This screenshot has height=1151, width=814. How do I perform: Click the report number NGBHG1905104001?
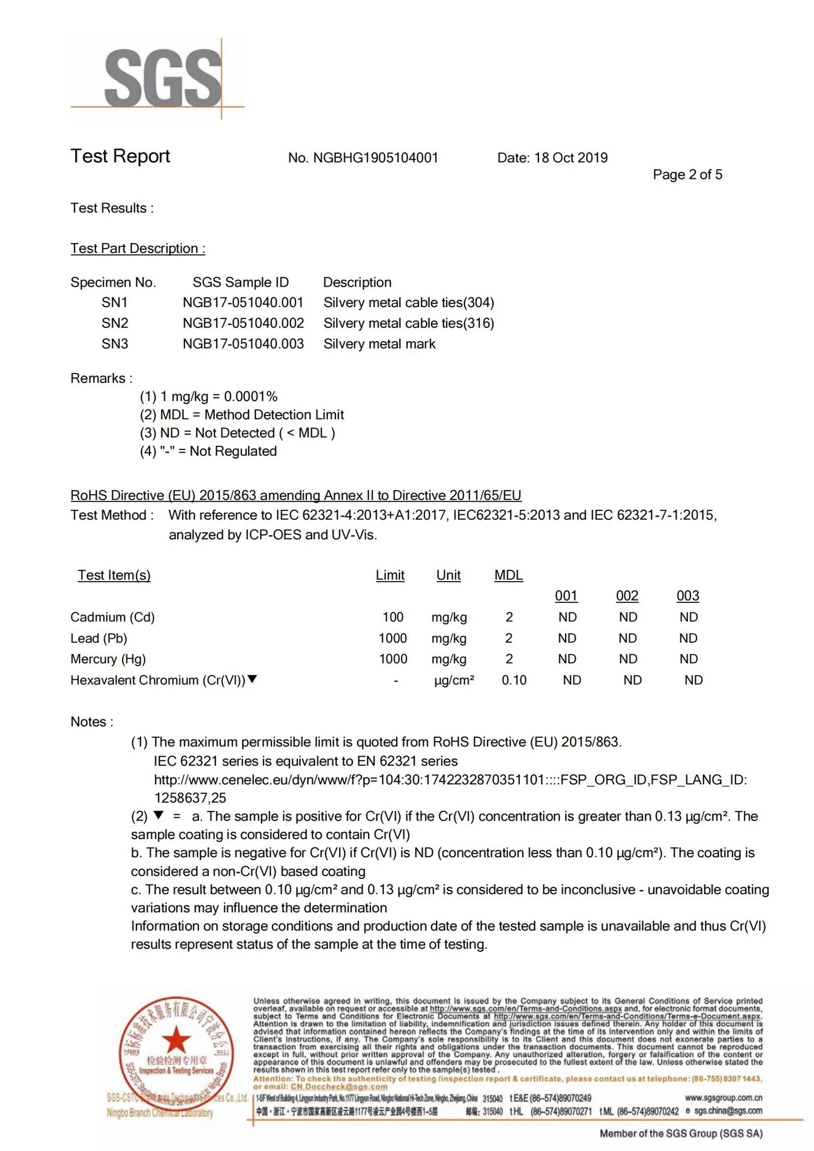[x=375, y=158]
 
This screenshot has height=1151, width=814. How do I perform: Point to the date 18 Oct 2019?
[x=571, y=158]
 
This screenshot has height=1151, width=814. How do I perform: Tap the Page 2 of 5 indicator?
[x=687, y=175]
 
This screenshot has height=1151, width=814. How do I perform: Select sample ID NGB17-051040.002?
[x=243, y=323]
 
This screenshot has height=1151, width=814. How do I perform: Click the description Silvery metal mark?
[x=379, y=344]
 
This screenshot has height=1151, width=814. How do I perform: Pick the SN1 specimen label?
[x=114, y=303]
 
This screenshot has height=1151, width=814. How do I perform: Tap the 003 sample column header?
[x=687, y=596]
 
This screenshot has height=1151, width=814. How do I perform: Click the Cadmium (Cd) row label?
[x=112, y=617]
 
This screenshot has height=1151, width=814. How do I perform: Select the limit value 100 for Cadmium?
[x=392, y=617]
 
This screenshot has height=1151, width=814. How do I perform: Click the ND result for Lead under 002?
[x=627, y=638]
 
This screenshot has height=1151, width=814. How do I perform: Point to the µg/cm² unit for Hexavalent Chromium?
[x=454, y=680]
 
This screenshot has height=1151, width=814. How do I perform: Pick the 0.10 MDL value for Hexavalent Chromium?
[x=514, y=680]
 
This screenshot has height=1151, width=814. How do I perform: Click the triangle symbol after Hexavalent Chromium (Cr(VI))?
[x=252, y=679]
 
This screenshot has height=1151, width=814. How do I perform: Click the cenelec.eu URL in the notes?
[x=450, y=779]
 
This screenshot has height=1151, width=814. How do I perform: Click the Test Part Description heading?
[x=138, y=249]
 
